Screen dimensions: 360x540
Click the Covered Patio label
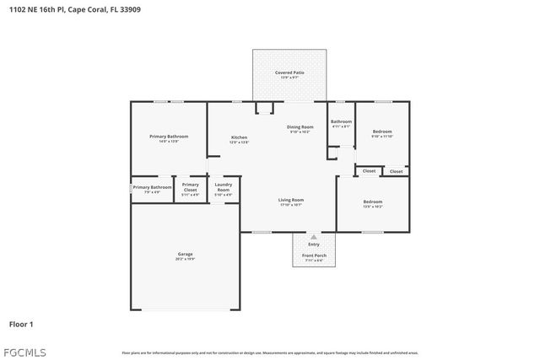(289, 73)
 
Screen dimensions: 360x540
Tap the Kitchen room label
(239, 137)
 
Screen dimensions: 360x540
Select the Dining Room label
(300, 127)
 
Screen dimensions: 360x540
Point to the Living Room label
(291, 200)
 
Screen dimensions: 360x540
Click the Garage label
(185, 254)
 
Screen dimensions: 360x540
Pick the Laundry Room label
(224, 186)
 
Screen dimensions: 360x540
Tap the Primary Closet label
(191, 186)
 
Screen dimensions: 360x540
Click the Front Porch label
(314, 255)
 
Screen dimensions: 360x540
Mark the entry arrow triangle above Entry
(314, 237)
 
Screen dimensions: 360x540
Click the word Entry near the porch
(314, 244)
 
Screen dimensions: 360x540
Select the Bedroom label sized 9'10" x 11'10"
(382, 132)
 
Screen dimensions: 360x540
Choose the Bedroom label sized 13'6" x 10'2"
(372, 201)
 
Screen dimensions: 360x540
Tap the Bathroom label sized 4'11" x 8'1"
(341, 121)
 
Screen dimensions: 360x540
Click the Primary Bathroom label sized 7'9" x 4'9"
(152, 187)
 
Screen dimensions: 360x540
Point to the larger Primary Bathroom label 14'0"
(169, 137)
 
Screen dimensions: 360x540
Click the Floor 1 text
(21, 323)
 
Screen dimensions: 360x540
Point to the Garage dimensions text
(185, 259)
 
